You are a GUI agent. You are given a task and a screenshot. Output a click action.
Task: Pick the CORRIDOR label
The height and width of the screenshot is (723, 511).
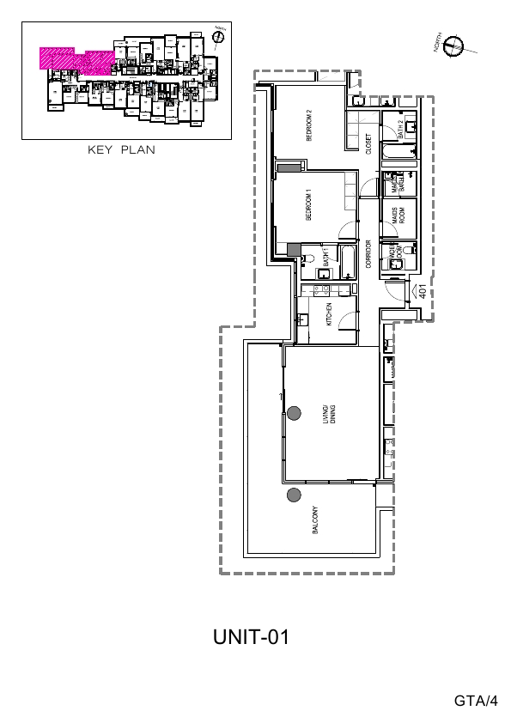pyautogui.click(x=368, y=255)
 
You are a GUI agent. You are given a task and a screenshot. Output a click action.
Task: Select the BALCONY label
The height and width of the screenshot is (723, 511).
pyautogui.click(x=316, y=519)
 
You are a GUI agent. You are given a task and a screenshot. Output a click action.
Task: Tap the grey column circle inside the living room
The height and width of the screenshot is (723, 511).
pyautogui.click(x=294, y=413)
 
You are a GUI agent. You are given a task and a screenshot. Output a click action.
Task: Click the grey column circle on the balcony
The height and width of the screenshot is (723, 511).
pyautogui.click(x=294, y=495)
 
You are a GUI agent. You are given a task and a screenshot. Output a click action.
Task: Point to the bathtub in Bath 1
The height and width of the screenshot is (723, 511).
pyautogui.click(x=346, y=262)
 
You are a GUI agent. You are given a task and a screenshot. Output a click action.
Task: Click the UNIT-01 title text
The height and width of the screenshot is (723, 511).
pyautogui.click(x=251, y=638)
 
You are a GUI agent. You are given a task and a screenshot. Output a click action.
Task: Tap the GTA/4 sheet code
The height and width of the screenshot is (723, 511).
pyautogui.click(x=476, y=701)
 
